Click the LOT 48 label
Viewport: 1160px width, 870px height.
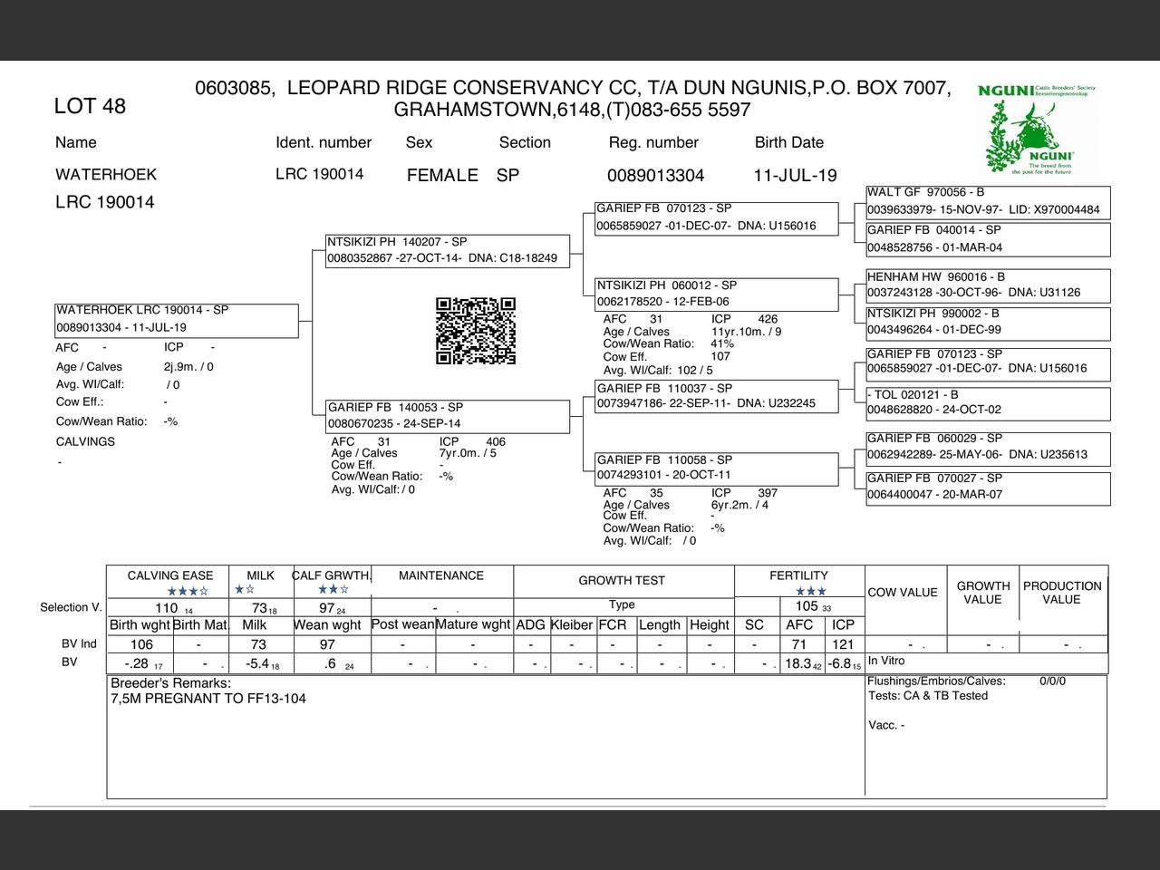[90, 106]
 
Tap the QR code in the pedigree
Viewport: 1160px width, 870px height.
[476, 331]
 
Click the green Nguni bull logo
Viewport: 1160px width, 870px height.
[1037, 129]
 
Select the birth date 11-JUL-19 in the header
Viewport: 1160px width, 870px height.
[795, 175]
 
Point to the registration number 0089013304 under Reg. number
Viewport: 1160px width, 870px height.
[655, 175]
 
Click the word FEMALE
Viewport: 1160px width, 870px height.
[442, 175]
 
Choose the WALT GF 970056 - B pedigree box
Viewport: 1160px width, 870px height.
[987, 201]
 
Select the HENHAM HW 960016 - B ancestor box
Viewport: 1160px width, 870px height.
[987, 285]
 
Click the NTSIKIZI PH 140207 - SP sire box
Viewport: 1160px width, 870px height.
[449, 250]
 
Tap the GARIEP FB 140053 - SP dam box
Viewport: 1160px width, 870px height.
[449, 415]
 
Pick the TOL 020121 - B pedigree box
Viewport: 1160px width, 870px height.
[987, 402]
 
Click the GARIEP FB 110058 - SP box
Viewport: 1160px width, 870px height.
[716, 468]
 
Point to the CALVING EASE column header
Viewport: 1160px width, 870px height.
[170, 575]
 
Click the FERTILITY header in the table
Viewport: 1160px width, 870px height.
[798, 575]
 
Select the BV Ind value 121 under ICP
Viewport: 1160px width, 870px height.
[843, 644]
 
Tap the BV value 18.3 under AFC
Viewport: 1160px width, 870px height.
[798, 663]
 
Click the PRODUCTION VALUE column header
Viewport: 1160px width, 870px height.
[1062, 593]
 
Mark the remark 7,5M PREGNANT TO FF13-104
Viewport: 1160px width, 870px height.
[208, 699]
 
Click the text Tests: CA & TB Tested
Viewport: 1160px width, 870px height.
[928, 696]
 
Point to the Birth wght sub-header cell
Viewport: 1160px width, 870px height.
[140, 624]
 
